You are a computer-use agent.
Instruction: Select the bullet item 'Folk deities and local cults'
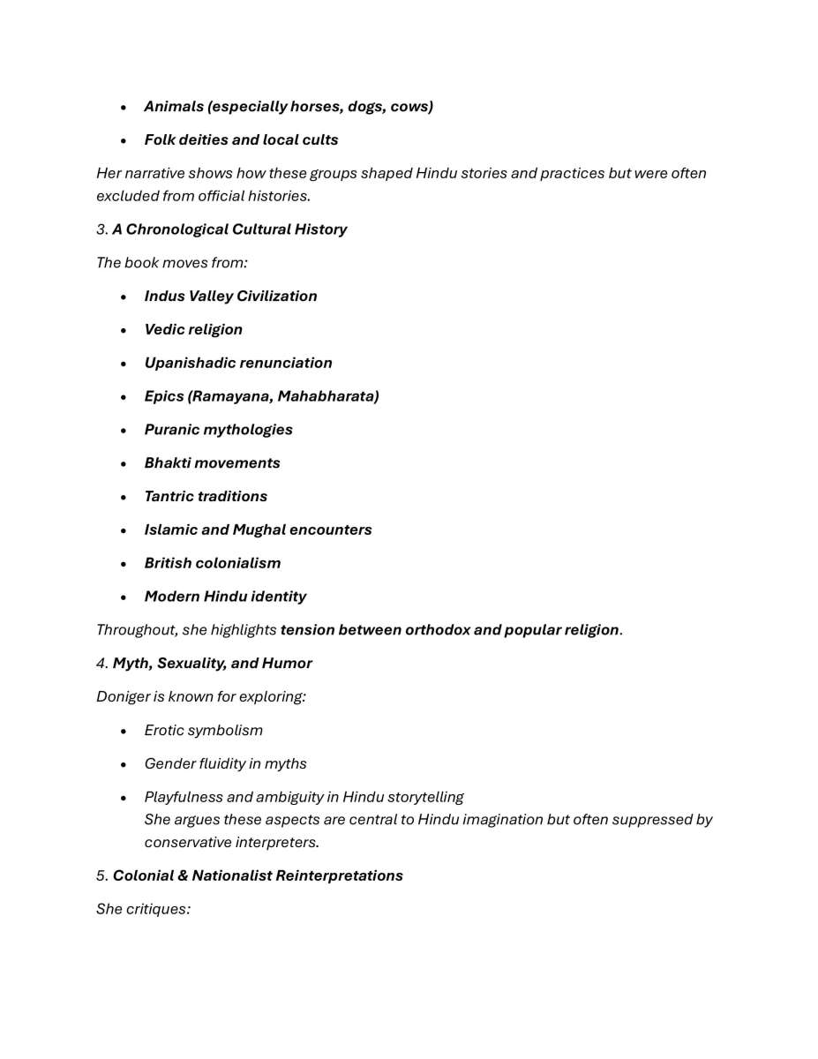click(x=241, y=140)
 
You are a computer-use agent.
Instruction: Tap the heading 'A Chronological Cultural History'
click(x=229, y=229)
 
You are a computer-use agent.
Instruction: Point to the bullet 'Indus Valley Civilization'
click(x=230, y=297)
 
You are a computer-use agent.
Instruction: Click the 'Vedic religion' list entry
click(x=193, y=330)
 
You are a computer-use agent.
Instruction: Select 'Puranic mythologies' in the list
click(x=218, y=430)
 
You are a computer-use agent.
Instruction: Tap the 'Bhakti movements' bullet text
click(x=212, y=463)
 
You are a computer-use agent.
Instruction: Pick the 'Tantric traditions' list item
click(x=206, y=497)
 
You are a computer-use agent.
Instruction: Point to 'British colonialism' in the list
click(x=212, y=564)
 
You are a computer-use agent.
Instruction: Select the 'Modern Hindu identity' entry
click(x=225, y=597)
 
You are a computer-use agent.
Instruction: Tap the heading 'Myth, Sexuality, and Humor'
click(x=212, y=664)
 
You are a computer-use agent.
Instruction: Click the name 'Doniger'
click(x=123, y=697)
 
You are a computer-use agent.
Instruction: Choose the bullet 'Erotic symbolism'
click(x=203, y=731)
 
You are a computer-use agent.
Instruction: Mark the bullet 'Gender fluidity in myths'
click(x=225, y=764)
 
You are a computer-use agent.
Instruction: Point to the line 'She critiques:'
click(x=143, y=909)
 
